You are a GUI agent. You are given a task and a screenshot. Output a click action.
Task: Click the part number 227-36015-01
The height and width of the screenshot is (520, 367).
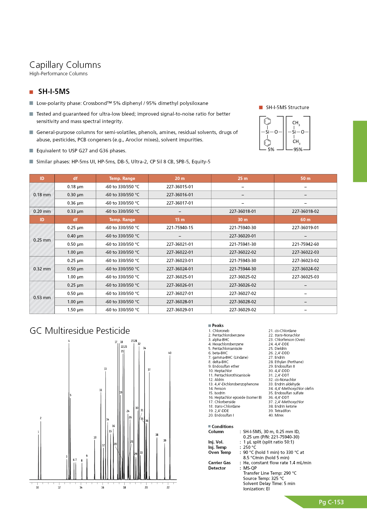pyautogui.click(x=180, y=187)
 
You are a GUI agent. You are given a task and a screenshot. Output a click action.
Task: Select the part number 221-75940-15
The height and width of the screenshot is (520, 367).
pyautogui.click(x=180, y=228)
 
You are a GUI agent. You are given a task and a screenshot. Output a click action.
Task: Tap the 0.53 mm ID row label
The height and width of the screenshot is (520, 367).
pyautogui.click(x=42, y=298)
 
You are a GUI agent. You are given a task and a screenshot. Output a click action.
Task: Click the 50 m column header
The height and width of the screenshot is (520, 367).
pyautogui.click(x=305, y=178)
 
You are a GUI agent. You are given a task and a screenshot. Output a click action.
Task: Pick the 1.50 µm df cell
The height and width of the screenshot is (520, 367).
pyautogui.click(x=75, y=310)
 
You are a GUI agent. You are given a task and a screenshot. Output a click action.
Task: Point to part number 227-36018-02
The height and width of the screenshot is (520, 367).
pyautogui.click(x=305, y=211)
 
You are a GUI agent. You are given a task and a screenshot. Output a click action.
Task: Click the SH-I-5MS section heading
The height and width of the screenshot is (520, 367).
pyautogui.click(x=54, y=92)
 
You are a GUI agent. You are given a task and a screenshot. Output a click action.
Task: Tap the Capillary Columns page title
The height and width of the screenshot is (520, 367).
pyautogui.click(x=65, y=65)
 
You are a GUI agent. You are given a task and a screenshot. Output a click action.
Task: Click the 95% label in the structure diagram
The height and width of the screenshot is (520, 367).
pyautogui.click(x=298, y=149)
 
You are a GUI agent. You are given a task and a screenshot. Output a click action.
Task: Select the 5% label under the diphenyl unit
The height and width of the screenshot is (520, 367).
pyautogui.click(x=271, y=149)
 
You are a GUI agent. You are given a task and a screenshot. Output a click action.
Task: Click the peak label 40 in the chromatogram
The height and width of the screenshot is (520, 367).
pyautogui.click(x=170, y=353)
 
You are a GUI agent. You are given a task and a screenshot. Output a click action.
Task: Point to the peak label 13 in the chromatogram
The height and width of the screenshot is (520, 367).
pyautogui.click(x=105, y=369)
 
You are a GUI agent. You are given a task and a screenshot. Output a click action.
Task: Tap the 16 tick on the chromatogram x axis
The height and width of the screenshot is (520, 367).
pyautogui.click(x=103, y=487)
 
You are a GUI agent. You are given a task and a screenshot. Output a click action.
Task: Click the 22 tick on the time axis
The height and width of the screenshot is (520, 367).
pyautogui.click(x=168, y=487)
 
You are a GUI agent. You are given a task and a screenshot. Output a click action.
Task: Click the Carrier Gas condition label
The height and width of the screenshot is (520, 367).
pyautogui.click(x=219, y=463)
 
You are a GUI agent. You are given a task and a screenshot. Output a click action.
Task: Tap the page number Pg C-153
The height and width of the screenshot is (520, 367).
pyautogui.click(x=331, y=502)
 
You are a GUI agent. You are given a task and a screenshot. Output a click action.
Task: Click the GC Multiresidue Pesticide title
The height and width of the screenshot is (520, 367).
pyautogui.click(x=80, y=331)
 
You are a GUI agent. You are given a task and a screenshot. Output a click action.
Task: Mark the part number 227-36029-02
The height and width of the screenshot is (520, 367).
pyautogui.click(x=243, y=310)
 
